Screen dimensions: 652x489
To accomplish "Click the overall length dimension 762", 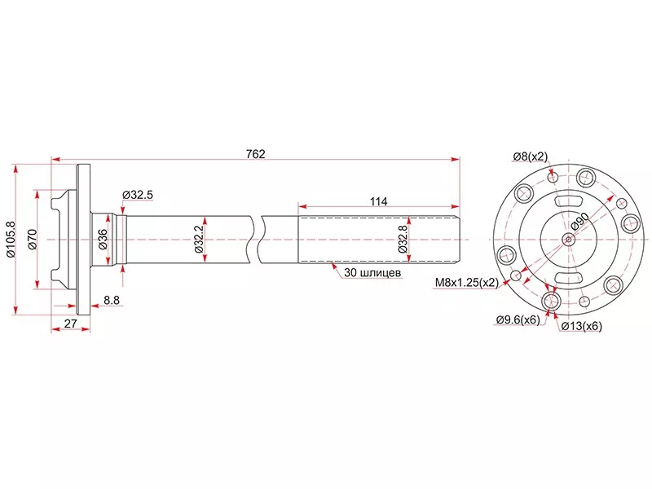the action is [x=255, y=154].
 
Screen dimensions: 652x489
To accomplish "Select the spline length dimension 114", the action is [x=378, y=201].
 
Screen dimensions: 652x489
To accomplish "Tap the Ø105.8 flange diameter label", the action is [x=11, y=239].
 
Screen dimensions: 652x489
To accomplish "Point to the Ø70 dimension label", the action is [x=33, y=239].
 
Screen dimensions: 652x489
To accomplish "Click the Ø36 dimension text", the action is [x=103, y=239].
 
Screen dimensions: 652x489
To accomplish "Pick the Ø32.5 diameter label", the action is [x=138, y=195].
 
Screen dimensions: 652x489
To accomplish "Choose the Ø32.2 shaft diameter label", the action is [x=199, y=240].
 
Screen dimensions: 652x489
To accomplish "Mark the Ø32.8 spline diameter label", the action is [x=403, y=239].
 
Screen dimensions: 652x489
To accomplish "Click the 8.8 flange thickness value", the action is [x=112, y=300].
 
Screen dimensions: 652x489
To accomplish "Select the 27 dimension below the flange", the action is [x=71, y=323].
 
